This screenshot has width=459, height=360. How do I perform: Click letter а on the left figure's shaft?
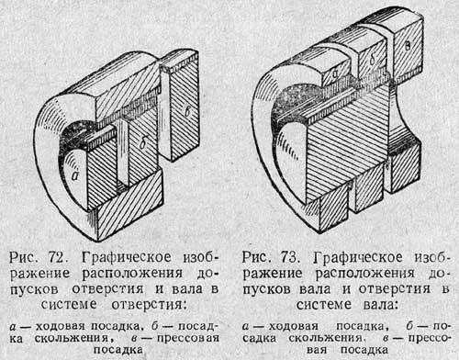pos(75,176)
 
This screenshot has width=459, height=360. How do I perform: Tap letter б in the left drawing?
pos(143,142)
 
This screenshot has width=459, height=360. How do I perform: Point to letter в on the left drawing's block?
pos(186,111)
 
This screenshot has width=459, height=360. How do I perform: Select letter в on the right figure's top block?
pos(408,46)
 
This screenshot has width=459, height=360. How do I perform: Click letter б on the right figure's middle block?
pos(372,59)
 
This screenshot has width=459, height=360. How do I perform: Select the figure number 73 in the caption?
pos(289,257)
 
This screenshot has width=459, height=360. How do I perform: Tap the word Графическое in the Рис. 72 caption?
pos(127,258)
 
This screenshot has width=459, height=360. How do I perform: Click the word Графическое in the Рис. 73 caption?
pos(358,258)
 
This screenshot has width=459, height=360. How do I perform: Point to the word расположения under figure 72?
pos(132,274)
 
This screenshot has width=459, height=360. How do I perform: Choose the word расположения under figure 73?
pos(365,274)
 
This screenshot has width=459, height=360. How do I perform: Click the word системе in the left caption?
pos(69,304)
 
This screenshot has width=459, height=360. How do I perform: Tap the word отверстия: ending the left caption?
pos(149,305)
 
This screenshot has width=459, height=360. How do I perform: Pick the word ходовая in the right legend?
pos(294,327)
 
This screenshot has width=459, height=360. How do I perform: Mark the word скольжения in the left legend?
pos(72,338)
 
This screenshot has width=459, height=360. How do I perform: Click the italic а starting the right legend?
pos(246,327)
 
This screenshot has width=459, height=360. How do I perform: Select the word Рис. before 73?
pos(256,257)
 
